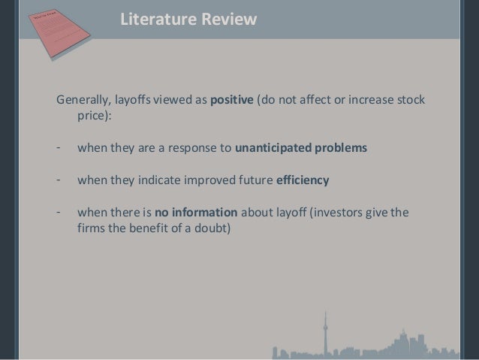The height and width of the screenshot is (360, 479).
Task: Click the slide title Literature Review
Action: pos(188,20)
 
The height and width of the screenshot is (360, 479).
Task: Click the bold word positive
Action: pos(233,101)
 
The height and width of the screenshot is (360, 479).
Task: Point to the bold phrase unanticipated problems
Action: pos(301,147)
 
